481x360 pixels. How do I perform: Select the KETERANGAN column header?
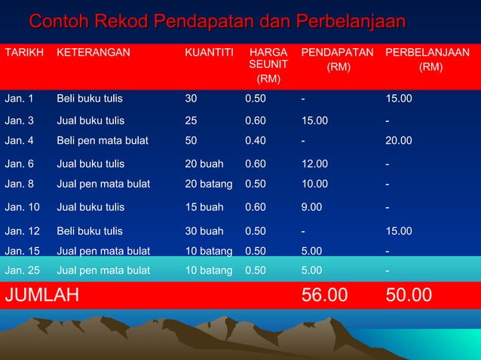point(93,53)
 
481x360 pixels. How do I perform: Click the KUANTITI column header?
point(209,53)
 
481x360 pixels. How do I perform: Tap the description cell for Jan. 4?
point(103,140)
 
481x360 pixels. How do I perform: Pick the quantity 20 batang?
point(209,183)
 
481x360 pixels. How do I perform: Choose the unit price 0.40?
point(255,140)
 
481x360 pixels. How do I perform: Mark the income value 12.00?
point(315,163)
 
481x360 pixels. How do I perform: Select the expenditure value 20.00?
point(399,140)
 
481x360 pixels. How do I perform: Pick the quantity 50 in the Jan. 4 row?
point(191,140)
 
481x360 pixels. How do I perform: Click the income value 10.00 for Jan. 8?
point(315,183)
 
